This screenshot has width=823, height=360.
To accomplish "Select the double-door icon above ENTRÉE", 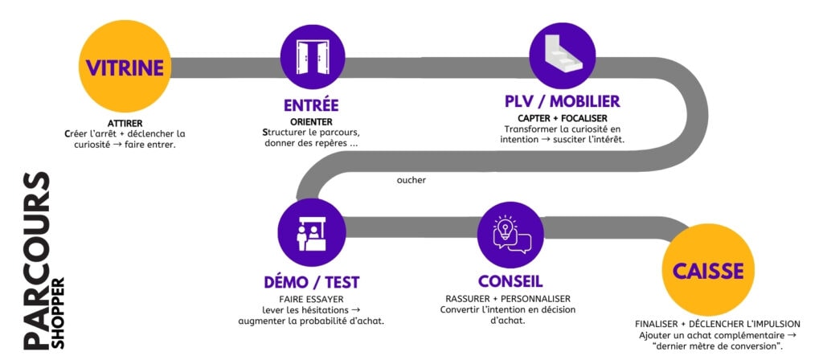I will tap(312, 54).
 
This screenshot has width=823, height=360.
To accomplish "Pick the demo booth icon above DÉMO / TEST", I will tap(312, 233).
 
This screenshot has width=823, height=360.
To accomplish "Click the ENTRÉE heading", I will tap(311, 105).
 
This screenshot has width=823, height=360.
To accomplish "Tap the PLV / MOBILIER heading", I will tap(562, 102).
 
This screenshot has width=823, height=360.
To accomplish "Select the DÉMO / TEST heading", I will tap(311, 282).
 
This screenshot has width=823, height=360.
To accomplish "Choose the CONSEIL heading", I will tap(510, 281).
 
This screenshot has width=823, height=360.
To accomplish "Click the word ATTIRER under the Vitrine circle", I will tap(124, 123).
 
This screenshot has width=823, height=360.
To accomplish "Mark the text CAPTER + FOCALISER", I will tap(562, 117).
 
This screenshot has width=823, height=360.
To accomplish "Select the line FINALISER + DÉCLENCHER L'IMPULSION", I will tap(717, 323).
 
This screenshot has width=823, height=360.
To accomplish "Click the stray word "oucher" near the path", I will tap(411, 180).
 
